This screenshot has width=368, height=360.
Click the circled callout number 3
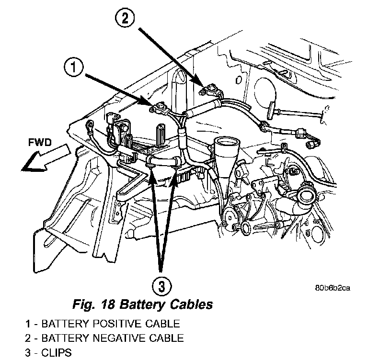[x=161, y=286]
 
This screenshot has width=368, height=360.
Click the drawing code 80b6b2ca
[x=333, y=288]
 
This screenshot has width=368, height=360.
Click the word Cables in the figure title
[x=188, y=304]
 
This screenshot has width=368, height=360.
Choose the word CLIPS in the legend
[x=57, y=353]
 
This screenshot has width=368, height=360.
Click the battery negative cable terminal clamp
[x=209, y=88]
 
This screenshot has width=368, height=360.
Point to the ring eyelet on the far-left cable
[x=89, y=126]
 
